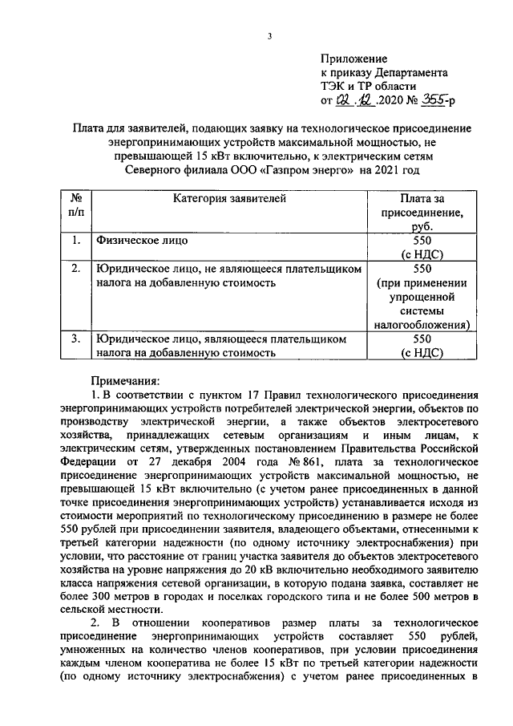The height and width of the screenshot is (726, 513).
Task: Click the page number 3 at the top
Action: [x=270, y=36]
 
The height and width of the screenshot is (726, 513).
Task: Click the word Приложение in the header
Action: [x=353, y=59]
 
